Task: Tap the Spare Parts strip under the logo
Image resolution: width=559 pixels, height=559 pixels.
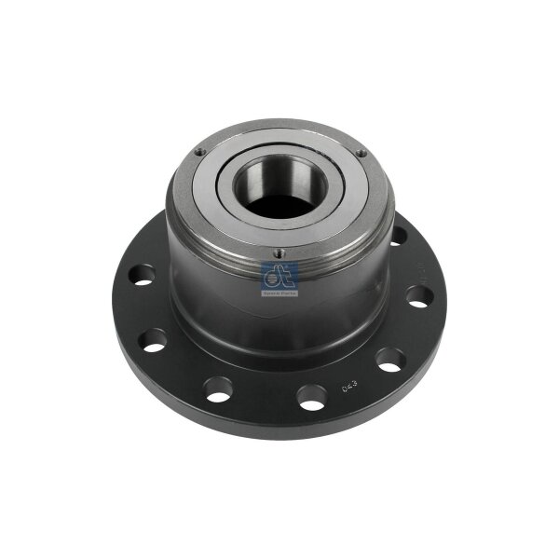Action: point(279,293)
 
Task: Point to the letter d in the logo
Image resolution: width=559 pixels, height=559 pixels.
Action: point(274,276)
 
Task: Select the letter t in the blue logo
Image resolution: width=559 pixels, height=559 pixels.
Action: point(285,276)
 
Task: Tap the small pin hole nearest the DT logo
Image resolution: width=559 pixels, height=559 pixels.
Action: point(277,251)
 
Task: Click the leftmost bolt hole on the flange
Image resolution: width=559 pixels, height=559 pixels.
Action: point(141,275)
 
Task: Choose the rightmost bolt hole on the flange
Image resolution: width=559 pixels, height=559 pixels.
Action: point(419,296)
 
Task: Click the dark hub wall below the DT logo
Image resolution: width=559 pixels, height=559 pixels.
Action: point(279,321)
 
